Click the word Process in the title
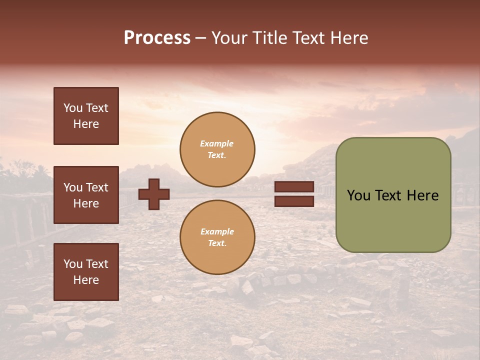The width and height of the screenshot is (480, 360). click(157, 38)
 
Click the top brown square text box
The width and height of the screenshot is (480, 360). click(86, 116)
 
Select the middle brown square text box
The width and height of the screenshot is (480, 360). click(86, 195)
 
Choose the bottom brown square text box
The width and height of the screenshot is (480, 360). click(86, 272)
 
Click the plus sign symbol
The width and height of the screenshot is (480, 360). click(154, 194)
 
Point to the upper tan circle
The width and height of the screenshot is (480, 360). click(217, 149)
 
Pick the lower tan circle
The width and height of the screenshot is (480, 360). click(217, 237)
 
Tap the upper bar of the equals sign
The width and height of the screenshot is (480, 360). click(294, 187)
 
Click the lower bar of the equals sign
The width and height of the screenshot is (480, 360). click(294, 201)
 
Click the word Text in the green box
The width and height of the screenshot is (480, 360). click(391, 195)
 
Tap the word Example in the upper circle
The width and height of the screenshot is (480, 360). click(217, 143)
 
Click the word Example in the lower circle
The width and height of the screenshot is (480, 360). click(217, 231)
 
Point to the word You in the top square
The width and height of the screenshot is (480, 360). click(72, 108)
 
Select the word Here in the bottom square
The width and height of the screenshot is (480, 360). click(86, 280)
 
